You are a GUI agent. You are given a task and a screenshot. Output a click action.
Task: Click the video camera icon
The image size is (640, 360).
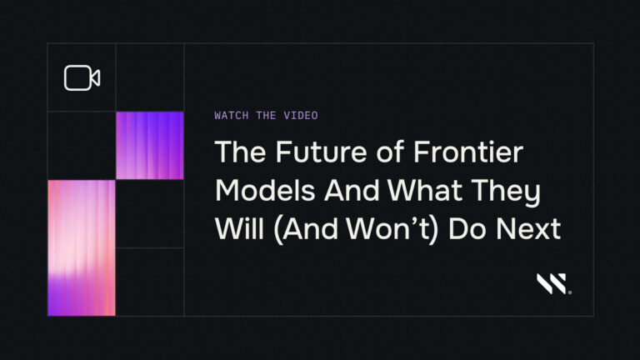pos(82,77)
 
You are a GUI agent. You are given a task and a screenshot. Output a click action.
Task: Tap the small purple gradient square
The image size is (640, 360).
pos(150,146)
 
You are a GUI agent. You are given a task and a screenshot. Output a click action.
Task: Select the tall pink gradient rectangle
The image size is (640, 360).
pos(82,247)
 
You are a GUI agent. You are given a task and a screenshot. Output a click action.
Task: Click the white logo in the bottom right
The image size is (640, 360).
pos(554,284)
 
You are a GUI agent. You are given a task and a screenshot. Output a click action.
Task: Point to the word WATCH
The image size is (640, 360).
pos(231,116)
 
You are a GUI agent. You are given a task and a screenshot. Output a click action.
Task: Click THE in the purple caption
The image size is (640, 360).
pos(266,116)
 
